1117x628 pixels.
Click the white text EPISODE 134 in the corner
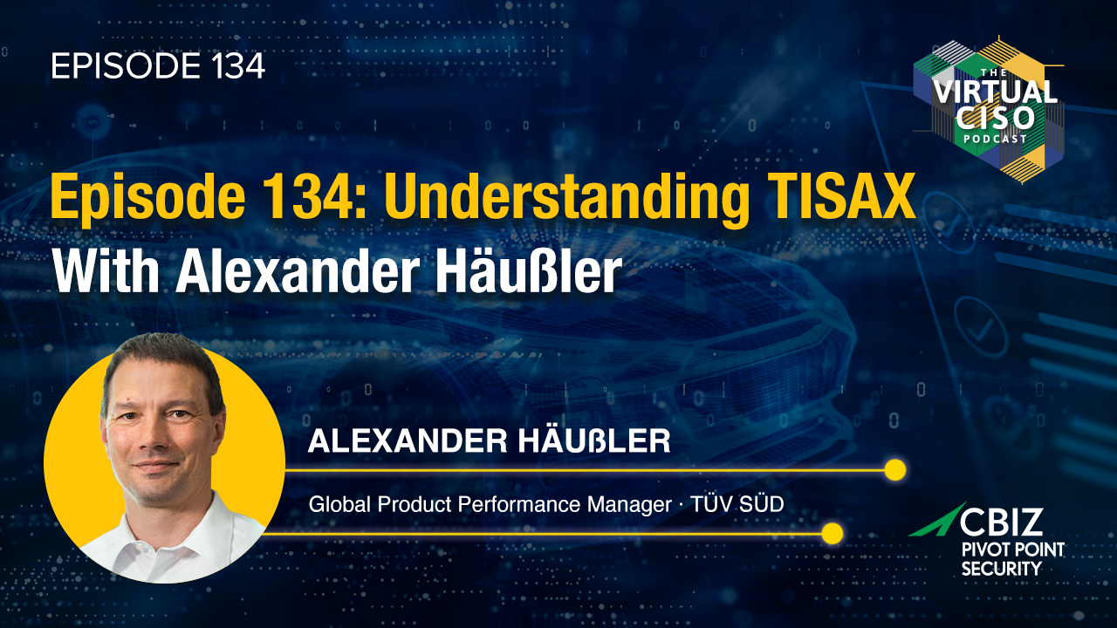coord(158,66)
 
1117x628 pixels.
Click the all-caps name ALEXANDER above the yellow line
coord(408,441)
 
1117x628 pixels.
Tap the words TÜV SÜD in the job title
coord(737,504)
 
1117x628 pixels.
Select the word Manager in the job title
coord(629,505)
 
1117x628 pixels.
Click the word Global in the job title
coord(339,504)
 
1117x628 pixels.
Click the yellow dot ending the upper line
coord(895,469)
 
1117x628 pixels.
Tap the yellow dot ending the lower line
coord(832,533)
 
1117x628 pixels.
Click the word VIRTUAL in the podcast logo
coord(995,92)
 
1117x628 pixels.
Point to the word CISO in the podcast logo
coord(996,119)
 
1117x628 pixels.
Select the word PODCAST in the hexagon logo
coord(995,139)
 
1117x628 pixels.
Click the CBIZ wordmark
coord(1001,522)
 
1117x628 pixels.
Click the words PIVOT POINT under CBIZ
coord(1013,549)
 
